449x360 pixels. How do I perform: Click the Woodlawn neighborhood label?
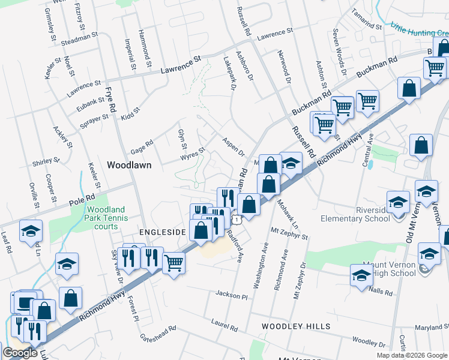coord(128,164)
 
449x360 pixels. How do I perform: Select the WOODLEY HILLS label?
coord(295,326)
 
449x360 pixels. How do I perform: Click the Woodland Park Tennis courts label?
coord(110,217)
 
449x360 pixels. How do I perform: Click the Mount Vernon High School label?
coord(389,269)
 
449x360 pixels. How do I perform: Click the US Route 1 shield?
coord(238,220)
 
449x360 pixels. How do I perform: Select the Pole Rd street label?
coord(82,198)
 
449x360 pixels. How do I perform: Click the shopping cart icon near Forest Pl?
coord(173,262)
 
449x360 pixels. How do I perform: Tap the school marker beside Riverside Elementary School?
coord(398,202)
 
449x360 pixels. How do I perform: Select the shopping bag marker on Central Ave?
coord(421,145)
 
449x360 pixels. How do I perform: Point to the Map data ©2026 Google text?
coord(412,355)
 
